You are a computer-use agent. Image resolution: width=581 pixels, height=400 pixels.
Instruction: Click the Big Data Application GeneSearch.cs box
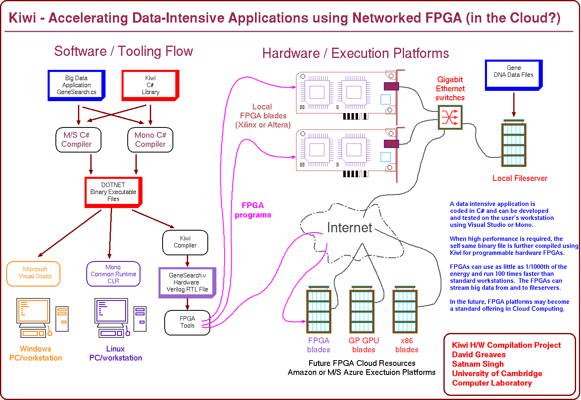click(76, 85)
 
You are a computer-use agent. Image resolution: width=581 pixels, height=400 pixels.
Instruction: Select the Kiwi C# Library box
click(150, 85)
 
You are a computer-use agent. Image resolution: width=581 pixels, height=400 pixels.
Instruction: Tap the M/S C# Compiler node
click(78, 140)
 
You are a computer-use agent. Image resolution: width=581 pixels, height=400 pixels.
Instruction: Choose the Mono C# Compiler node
click(150, 140)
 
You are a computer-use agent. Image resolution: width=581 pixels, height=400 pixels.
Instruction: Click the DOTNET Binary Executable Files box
click(113, 192)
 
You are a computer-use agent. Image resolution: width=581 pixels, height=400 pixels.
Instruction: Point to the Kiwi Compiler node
click(185, 242)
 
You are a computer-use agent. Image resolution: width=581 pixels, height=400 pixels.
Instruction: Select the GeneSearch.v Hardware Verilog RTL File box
click(187, 282)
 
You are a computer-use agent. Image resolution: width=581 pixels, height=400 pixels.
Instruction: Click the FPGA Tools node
click(187, 322)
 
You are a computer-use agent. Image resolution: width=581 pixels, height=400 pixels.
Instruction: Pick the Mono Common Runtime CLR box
click(113, 274)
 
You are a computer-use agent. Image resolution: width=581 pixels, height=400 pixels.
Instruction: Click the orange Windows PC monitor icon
click(33, 311)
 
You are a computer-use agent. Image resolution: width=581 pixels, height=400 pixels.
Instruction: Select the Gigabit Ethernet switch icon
click(450, 117)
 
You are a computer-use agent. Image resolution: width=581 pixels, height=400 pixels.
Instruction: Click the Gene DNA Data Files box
click(514, 74)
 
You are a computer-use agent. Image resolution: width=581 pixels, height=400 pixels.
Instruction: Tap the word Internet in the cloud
click(349, 228)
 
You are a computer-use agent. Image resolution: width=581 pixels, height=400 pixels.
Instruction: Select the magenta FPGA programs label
click(253, 210)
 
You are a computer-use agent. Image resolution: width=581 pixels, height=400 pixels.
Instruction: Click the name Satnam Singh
click(478, 364)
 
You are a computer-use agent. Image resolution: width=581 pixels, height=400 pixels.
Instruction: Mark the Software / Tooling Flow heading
click(124, 51)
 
